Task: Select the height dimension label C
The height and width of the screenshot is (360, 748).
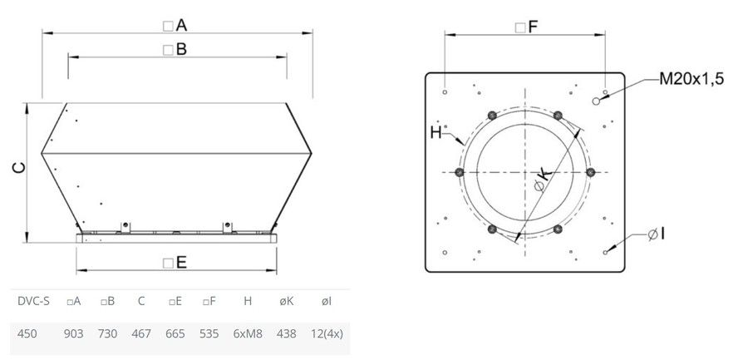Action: [x=19, y=168]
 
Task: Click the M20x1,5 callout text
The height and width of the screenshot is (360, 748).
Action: [x=691, y=79]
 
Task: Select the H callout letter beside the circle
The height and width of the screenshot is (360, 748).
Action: [x=436, y=133]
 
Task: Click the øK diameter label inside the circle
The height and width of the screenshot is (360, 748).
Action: [x=543, y=180]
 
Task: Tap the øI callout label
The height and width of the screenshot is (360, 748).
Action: [x=657, y=234]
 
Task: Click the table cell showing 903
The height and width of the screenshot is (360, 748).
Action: [x=73, y=333]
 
